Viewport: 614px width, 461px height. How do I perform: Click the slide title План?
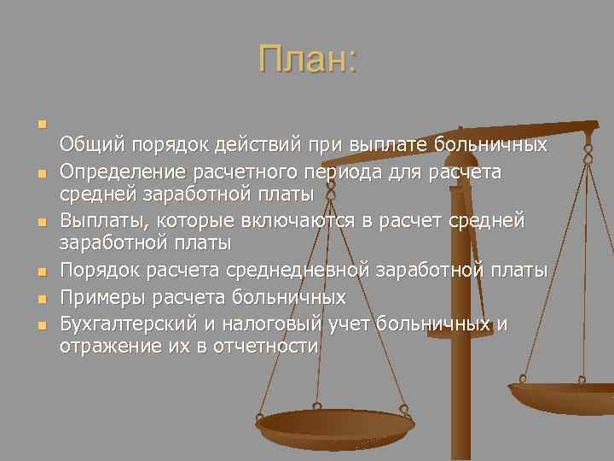(x=308, y=60)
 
